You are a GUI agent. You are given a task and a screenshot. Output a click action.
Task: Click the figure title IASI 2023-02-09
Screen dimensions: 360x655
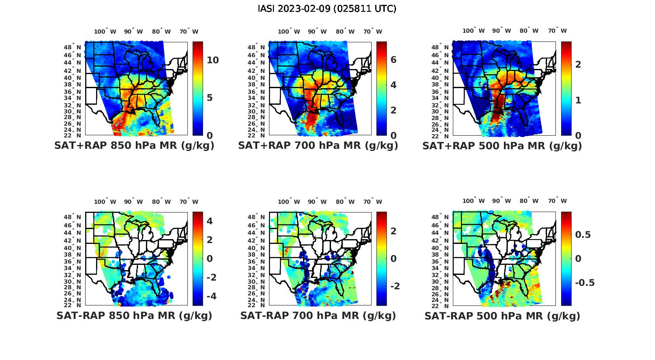click(327, 9)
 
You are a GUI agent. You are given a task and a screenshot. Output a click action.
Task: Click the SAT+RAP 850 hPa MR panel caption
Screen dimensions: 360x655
click(134, 146)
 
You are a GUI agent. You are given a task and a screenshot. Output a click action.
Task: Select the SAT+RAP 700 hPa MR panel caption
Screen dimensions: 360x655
click(318, 146)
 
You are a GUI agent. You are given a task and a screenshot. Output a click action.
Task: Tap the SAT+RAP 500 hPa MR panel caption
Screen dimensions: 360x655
click(502, 146)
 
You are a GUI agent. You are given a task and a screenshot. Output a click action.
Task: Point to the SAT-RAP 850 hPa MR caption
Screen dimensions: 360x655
click(134, 315)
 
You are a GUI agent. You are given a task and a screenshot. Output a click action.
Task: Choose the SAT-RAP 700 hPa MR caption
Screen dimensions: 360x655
click(318, 315)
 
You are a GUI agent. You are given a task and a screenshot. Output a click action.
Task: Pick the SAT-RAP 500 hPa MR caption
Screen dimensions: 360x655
click(502, 315)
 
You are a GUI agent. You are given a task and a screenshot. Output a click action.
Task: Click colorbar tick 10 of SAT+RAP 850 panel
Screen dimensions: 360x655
click(213, 60)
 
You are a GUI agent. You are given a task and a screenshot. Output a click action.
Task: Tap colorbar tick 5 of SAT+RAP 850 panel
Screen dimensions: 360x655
click(210, 97)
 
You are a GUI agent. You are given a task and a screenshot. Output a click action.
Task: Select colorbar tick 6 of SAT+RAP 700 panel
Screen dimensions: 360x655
click(393, 60)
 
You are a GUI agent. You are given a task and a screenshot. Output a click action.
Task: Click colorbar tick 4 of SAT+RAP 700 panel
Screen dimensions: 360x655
click(393, 85)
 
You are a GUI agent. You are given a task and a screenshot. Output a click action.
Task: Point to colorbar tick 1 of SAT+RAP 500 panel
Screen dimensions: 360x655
click(578, 100)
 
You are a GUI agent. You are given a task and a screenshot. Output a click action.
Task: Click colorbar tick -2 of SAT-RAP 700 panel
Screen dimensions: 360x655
click(395, 286)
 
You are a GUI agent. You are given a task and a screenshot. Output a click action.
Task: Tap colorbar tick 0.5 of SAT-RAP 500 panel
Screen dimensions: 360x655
click(583, 235)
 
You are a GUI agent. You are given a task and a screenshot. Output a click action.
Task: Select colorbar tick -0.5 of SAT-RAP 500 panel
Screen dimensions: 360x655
click(585, 283)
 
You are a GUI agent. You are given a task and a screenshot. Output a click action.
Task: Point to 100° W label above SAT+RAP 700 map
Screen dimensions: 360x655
click(289, 31)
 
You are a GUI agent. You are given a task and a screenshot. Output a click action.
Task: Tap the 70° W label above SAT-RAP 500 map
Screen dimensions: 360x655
click(558, 201)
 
